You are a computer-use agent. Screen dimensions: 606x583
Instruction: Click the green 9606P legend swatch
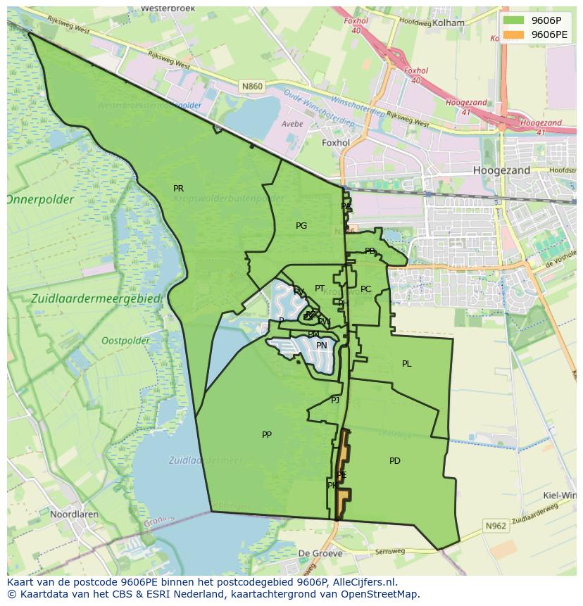(x=514, y=20)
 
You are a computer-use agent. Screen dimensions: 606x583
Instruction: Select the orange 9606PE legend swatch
(x=514, y=34)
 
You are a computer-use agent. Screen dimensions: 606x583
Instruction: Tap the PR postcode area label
(x=178, y=189)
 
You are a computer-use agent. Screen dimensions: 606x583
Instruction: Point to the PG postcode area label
(x=301, y=226)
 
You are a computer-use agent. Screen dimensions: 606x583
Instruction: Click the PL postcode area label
(x=406, y=364)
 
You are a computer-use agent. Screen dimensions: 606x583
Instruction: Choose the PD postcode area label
(x=395, y=461)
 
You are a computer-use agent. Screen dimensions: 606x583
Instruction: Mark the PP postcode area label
(x=267, y=435)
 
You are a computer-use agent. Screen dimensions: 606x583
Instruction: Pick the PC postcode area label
(x=365, y=289)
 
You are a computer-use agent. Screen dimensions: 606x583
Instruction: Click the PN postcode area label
(x=322, y=346)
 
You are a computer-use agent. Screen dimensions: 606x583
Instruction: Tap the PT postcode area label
(x=320, y=289)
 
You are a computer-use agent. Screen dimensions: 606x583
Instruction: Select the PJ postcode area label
(x=335, y=400)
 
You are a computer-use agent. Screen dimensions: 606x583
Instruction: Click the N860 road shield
(x=251, y=87)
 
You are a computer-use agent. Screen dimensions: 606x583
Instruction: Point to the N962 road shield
(x=495, y=526)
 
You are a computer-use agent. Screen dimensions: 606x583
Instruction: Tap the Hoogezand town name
(x=502, y=170)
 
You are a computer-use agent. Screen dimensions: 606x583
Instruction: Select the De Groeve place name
(x=320, y=554)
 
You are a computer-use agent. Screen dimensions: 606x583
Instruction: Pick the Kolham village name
(x=449, y=23)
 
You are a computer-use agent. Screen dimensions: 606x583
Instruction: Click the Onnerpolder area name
(x=39, y=200)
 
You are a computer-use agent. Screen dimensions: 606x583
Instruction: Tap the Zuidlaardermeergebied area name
(x=96, y=299)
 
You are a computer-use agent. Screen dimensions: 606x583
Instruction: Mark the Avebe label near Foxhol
(x=292, y=124)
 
